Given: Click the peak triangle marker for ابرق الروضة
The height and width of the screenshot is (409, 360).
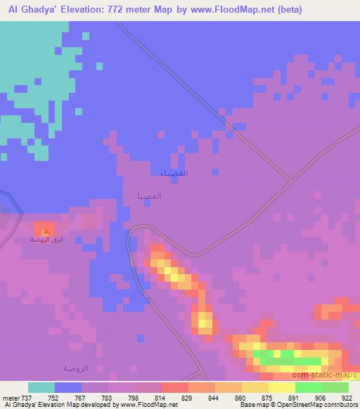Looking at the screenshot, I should (x=46, y=230).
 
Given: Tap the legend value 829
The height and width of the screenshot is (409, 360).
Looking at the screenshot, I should (x=189, y=397).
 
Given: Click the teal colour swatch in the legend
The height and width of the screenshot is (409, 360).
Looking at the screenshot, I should (x=41, y=387).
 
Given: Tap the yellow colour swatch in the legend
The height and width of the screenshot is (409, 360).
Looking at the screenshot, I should (x=282, y=387).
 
